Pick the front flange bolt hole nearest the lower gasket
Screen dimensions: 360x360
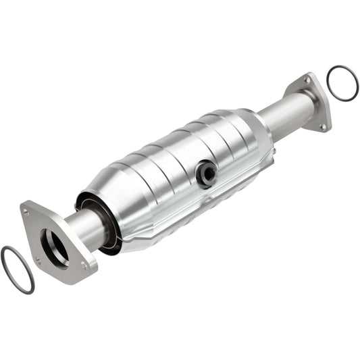[38, 261]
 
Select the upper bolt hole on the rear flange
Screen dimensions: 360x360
[307, 80]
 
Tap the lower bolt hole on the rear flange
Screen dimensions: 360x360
[322, 126]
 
